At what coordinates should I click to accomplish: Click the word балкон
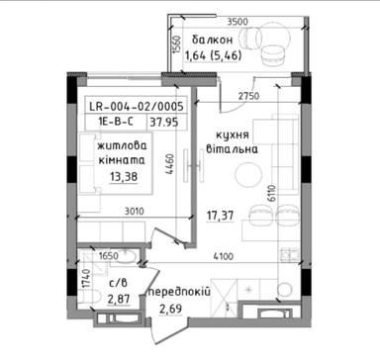pos(210,40)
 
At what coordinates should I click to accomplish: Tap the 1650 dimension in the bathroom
pos(107,256)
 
